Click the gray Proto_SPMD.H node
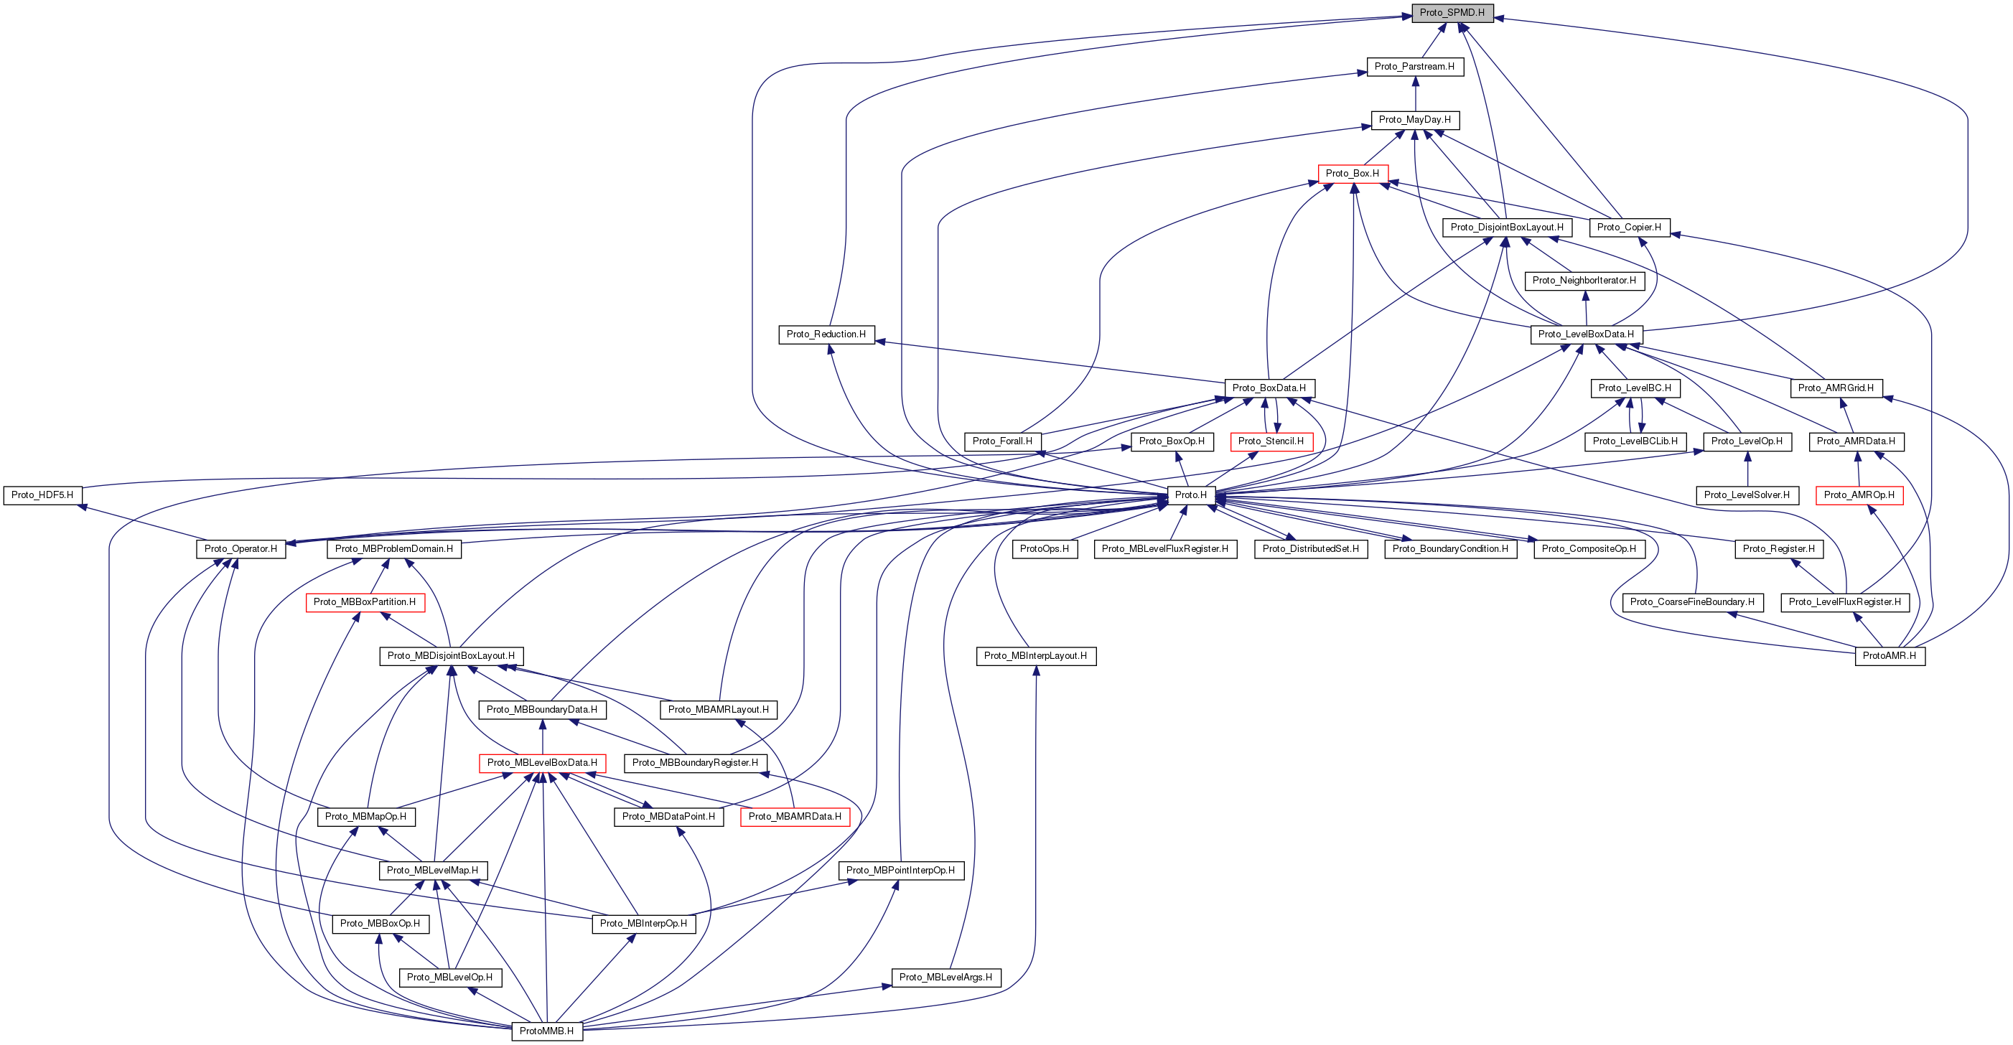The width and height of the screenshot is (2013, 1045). pyautogui.click(x=1452, y=12)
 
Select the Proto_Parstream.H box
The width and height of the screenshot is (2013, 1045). pyautogui.click(x=1414, y=66)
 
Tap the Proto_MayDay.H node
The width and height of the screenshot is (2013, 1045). pyautogui.click(x=1414, y=119)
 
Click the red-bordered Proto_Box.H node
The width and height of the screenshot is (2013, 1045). pyautogui.click(x=1352, y=174)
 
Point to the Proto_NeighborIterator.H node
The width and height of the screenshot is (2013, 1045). pyautogui.click(x=1584, y=281)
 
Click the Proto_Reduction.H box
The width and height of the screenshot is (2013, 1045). pyautogui.click(x=826, y=334)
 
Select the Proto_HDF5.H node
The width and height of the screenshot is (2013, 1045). pyautogui.click(x=42, y=495)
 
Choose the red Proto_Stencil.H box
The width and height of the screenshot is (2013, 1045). pyautogui.click(x=1271, y=441)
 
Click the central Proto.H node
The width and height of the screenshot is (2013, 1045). pyautogui.click(x=1191, y=495)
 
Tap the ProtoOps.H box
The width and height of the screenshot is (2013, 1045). pyautogui.click(x=1044, y=549)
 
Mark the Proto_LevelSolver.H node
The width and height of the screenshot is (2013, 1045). pyautogui.click(x=1747, y=495)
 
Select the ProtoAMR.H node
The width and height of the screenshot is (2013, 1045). pyautogui.click(x=1890, y=656)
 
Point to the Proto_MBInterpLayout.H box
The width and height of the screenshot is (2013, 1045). pyautogui.click(x=1035, y=656)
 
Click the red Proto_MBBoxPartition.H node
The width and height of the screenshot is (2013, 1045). pyautogui.click(x=365, y=602)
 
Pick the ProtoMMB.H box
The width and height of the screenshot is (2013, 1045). pyautogui.click(x=546, y=1031)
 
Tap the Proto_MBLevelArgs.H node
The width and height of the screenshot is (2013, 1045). pyautogui.click(x=945, y=977)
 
